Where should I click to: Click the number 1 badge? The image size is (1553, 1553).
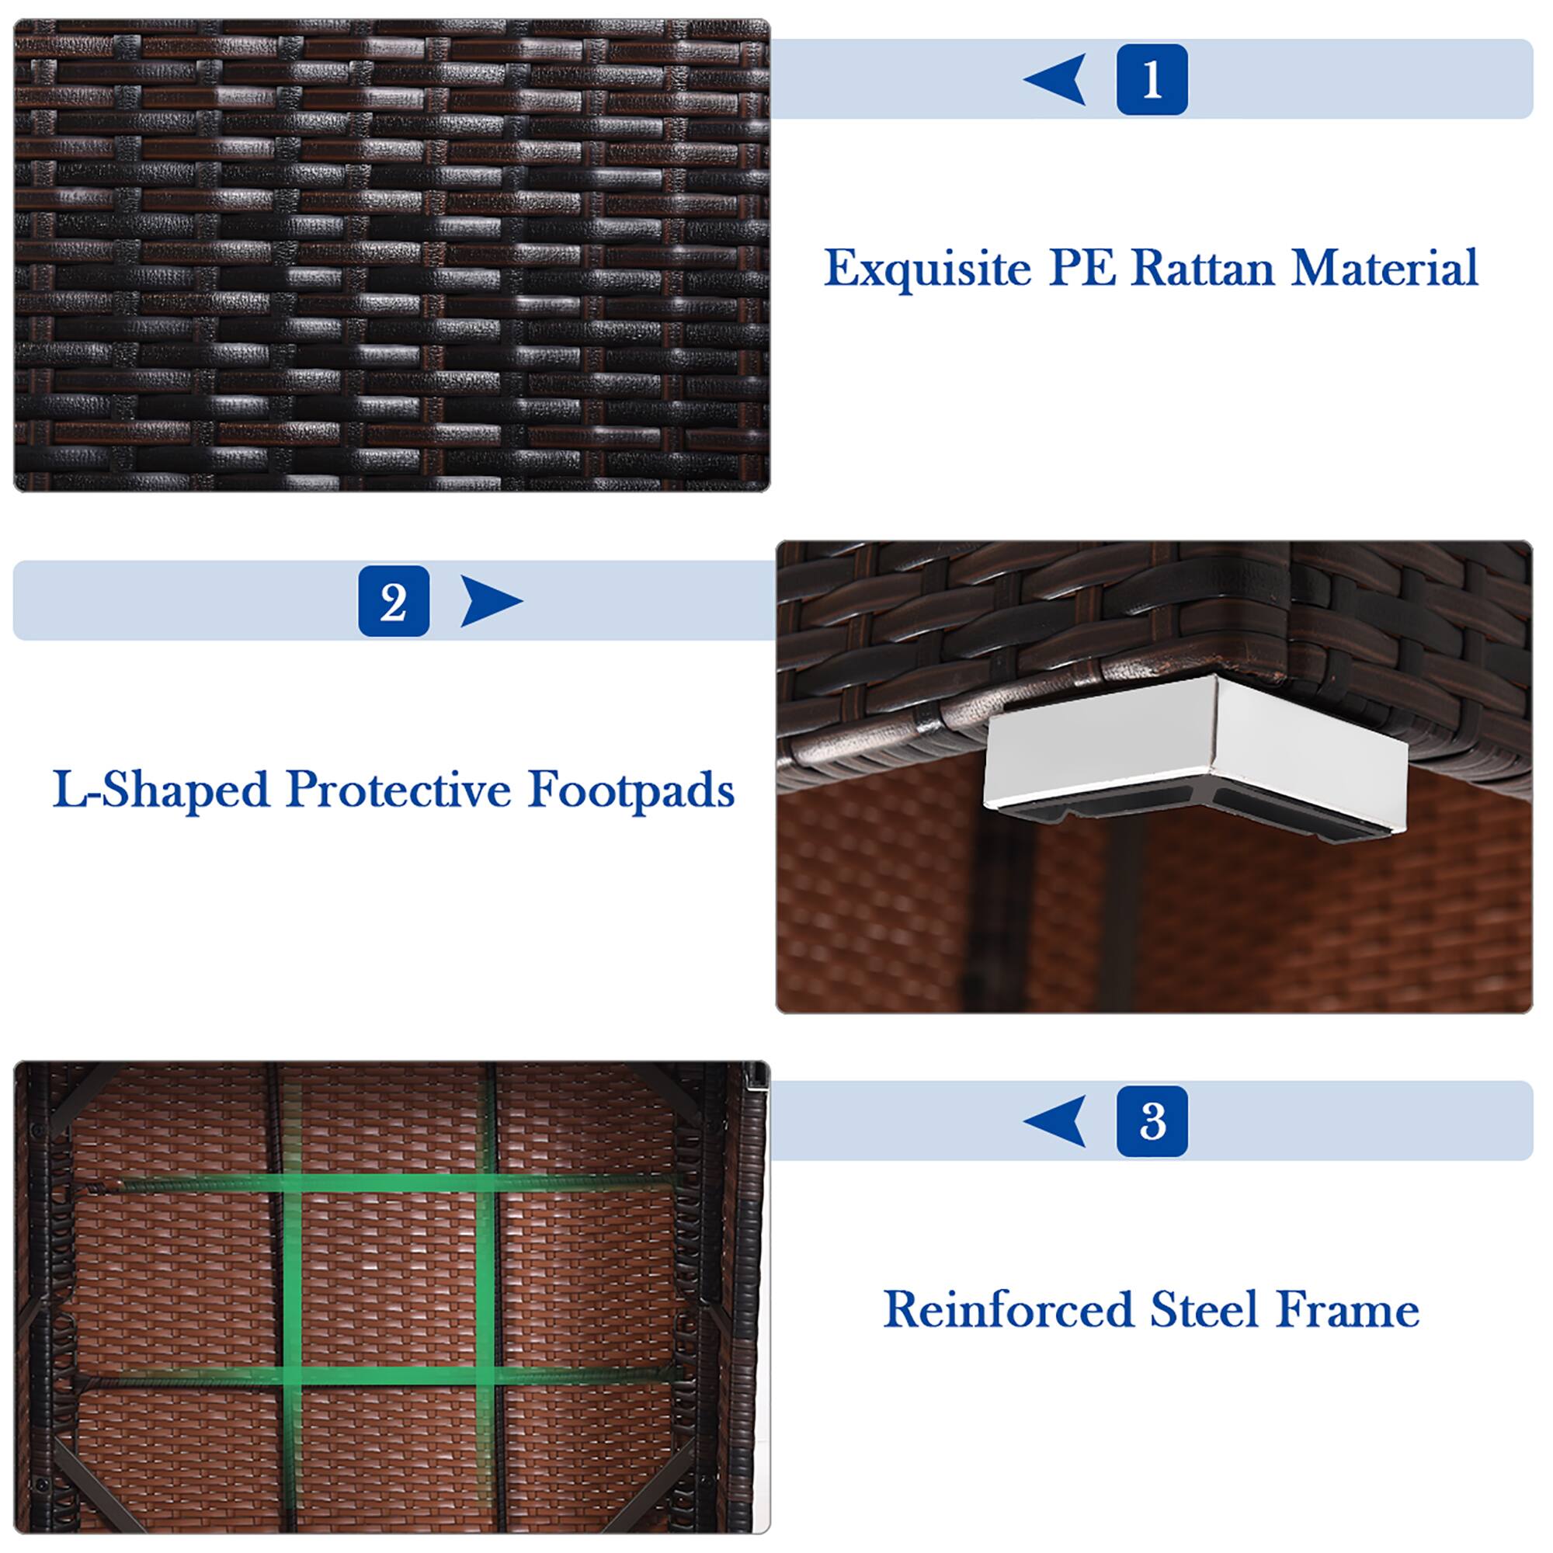coord(1151,79)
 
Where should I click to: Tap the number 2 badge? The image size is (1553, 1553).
coord(393,600)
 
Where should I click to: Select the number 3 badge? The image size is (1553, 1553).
coord(1151,1120)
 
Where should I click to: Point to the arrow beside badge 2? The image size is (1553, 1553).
coord(488,600)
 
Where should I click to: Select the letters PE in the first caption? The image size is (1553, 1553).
coord(1082,268)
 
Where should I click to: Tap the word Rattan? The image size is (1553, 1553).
coord(1202,268)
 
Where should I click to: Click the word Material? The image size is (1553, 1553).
coord(1384,268)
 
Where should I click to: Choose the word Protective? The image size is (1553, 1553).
coord(398,790)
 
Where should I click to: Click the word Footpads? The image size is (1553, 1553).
coord(631,790)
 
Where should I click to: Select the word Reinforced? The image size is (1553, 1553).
coord(1008,1310)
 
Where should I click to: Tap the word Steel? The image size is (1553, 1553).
coord(1204,1310)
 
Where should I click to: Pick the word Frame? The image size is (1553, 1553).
coord(1347,1310)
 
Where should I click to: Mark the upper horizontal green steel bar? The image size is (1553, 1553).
coord(394,1183)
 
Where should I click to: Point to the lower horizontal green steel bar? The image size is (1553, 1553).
coord(394,1376)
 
